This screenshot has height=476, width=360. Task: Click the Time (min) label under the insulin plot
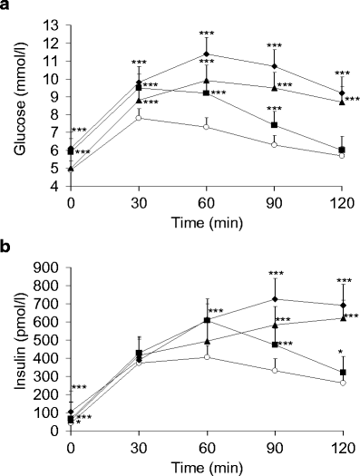click(206, 464)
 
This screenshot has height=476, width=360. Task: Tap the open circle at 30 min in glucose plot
click(139, 118)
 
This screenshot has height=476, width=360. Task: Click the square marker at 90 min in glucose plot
click(274, 125)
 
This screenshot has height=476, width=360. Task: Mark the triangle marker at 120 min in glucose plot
click(342, 102)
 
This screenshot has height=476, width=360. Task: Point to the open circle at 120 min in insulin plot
click(342, 383)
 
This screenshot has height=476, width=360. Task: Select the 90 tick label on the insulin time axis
click(274, 446)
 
